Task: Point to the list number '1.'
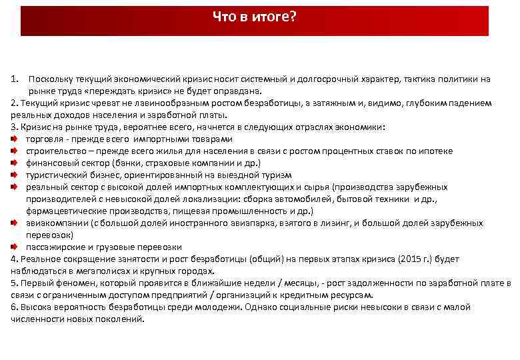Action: click(15, 79)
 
